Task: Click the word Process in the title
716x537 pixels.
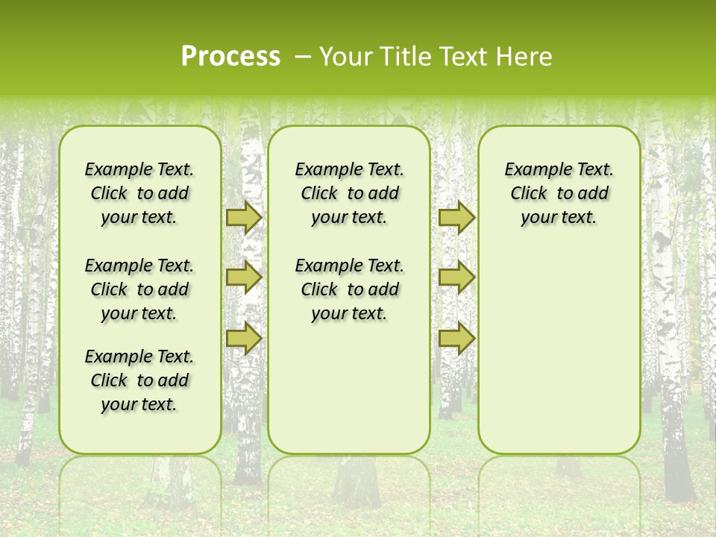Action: coord(230,57)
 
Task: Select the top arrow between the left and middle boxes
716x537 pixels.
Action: coord(244,217)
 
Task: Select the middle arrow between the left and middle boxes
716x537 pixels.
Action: coord(244,277)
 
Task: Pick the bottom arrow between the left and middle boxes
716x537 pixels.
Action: coord(244,338)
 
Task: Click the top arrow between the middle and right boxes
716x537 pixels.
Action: coord(456,217)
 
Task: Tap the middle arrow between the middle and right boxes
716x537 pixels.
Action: coord(456,277)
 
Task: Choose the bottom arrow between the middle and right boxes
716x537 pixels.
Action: coord(456,338)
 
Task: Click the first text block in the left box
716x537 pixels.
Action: coord(139,193)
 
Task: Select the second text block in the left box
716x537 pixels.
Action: coord(139,289)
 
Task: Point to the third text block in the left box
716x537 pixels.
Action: coord(139,380)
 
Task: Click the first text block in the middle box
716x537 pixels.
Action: coord(350,193)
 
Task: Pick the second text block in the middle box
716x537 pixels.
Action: coord(350,289)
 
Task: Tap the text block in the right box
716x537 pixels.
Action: coord(559,193)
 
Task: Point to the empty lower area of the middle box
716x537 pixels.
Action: coord(349,388)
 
